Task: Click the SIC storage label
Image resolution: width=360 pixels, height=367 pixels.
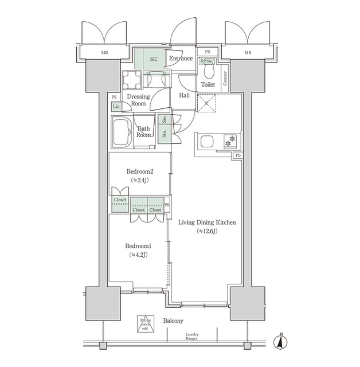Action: pos(154,58)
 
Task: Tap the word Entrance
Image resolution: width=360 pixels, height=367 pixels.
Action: pos(181,58)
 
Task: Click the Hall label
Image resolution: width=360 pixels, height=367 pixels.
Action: pos(185,95)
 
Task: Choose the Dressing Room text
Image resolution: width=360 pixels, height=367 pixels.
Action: pos(138,100)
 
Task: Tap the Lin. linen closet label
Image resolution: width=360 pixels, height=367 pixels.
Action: pos(116,107)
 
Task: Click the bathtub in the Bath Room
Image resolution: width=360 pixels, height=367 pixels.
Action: pos(122,133)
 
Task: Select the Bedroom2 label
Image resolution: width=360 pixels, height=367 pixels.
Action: pos(140,171)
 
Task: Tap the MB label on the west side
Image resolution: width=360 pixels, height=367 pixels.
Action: pos(104,53)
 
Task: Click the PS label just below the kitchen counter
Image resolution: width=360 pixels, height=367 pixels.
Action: pos(237,155)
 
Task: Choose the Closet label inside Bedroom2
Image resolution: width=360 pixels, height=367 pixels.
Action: pos(120,200)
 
